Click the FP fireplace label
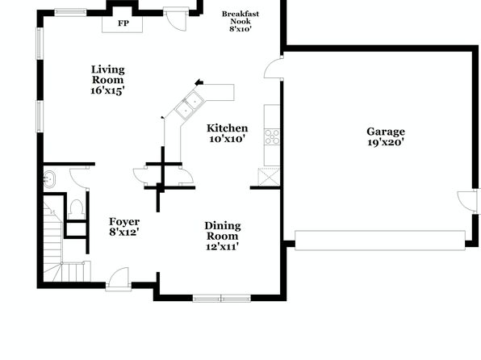[x=123, y=23]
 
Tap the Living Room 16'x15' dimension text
[x=107, y=91]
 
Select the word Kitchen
[x=228, y=128]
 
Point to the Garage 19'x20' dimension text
[x=386, y=142]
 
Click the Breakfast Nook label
[x=240, y=18]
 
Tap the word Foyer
[x=124, y=222]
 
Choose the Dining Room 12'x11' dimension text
[x=223, y=246]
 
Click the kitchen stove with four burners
[x=272, y=137]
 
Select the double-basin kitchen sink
[x=189, y=105]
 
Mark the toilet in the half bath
[x=77, y=208]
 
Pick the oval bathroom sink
[x=49, y=179]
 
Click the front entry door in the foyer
[x=119, y=278]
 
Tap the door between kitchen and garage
[x=274, y=67]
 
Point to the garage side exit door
[x=468, y=201]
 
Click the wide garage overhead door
[x=380, y=241]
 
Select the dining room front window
[x=221, y=298]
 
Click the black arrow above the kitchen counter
[x=199, y=82]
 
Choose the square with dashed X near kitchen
[x=269, y=177]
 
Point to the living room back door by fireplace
[x=176, y=19]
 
